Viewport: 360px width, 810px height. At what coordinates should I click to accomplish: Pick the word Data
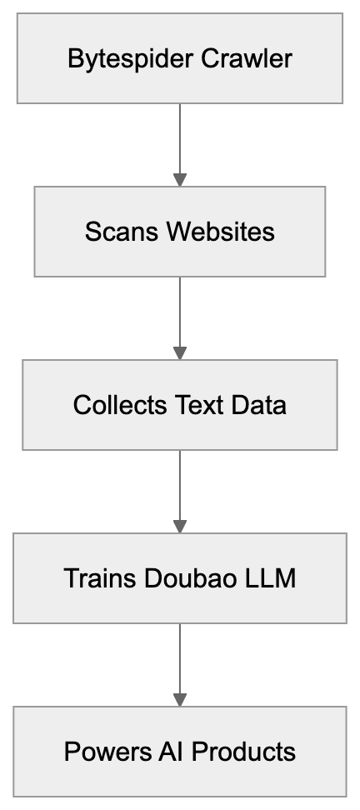[x=260, y=405]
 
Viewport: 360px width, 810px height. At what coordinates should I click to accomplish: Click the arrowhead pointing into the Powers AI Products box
[x=180, y=698]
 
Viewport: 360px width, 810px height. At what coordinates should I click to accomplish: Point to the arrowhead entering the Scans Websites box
[x=180, y=178]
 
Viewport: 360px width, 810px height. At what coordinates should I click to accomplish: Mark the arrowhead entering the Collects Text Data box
[x=180, y=352]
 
